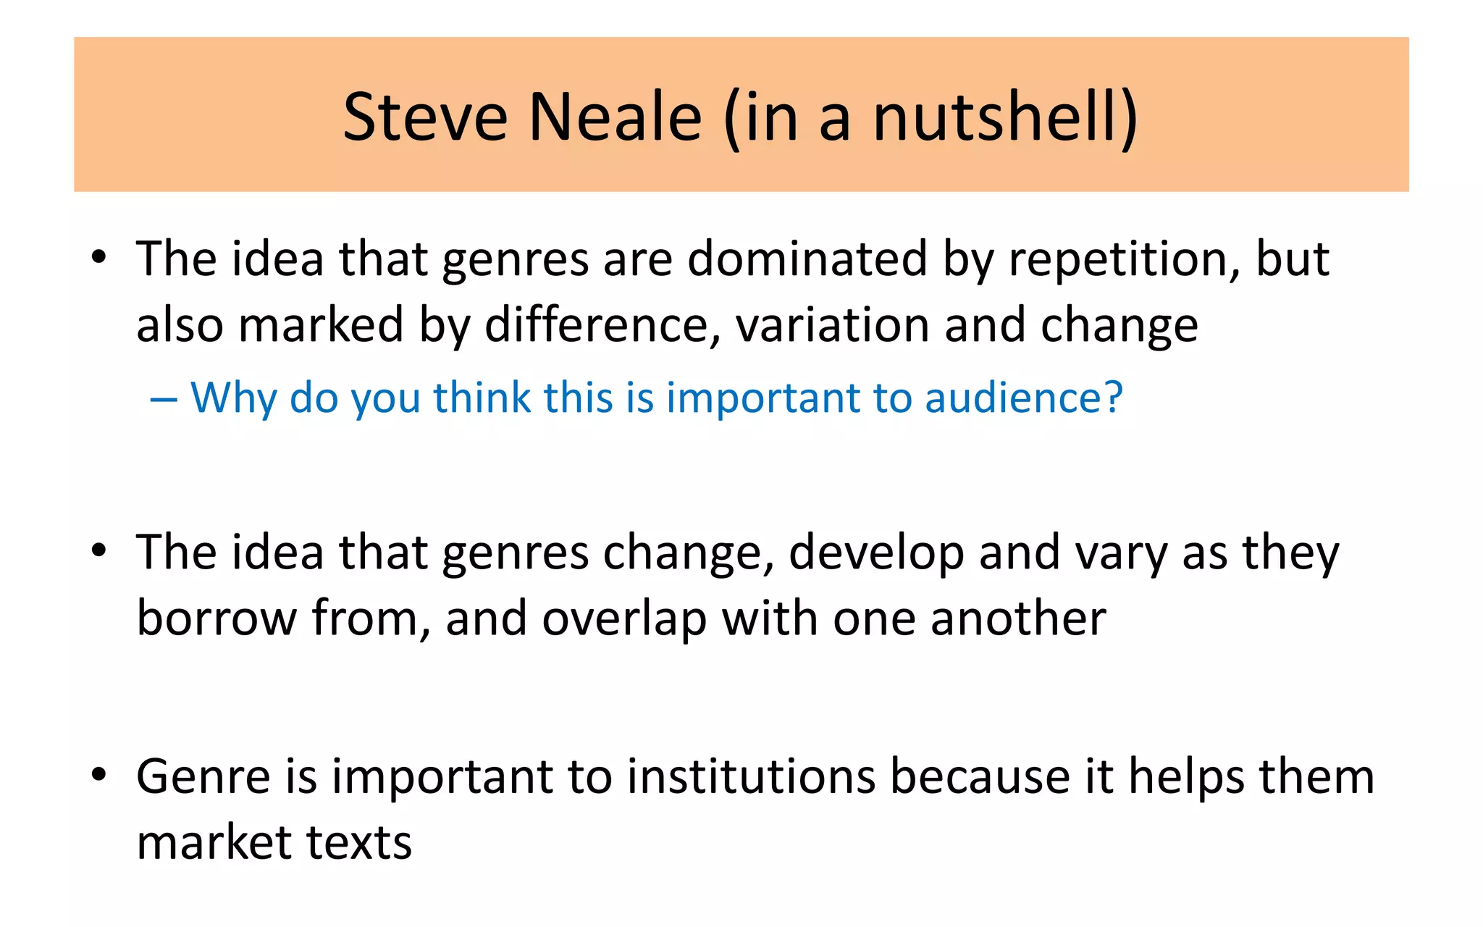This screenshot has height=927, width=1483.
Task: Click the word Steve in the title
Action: (425, 117)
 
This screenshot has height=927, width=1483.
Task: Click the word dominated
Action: (807, 259)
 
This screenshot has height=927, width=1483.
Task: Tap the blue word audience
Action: (1023, 398)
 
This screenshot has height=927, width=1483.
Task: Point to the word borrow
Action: (217, 619)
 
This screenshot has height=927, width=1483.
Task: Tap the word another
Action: (1018, 619)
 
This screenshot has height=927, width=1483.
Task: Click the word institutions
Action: (751, 777)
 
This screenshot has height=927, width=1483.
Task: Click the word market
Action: (214, 844)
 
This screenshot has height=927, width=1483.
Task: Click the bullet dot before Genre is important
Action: (99, 775)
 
